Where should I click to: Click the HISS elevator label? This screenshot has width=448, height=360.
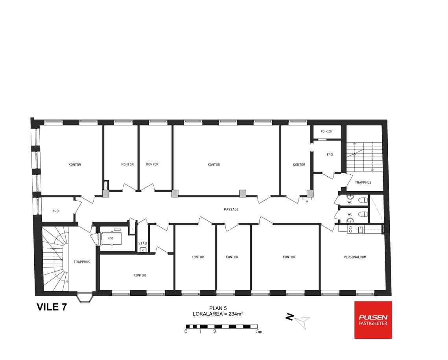(x=111, y=238)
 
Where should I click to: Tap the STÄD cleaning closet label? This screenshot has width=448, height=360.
(x=142, y=244)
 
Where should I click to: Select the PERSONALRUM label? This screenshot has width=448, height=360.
(x=355, y=257)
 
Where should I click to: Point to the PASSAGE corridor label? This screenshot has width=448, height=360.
(x=231, y=209)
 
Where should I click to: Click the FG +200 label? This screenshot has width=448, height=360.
(x=326, y=131)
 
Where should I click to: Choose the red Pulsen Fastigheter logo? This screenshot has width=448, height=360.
(x=373, y=320)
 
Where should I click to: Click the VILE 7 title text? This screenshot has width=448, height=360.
(x=52, y=307)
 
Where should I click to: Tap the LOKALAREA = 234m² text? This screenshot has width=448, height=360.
(x=218, y=314)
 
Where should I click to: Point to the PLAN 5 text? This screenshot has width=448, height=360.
(x=218, y=308)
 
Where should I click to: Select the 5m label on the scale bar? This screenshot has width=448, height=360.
(x=259, y=332)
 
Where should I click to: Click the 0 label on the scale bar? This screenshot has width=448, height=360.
(x=186, y=332)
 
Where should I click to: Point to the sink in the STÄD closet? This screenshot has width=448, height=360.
(x=143, y=250)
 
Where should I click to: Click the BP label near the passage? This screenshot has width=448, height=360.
(x=307, y=201)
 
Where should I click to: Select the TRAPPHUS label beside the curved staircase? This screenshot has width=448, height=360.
(x=82, y=262)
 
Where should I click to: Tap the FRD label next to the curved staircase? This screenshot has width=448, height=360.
(x=56, y=211)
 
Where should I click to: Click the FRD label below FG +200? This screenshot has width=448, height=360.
(x=330, y=155)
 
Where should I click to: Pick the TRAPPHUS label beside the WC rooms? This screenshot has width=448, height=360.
(x=363, y=183)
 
